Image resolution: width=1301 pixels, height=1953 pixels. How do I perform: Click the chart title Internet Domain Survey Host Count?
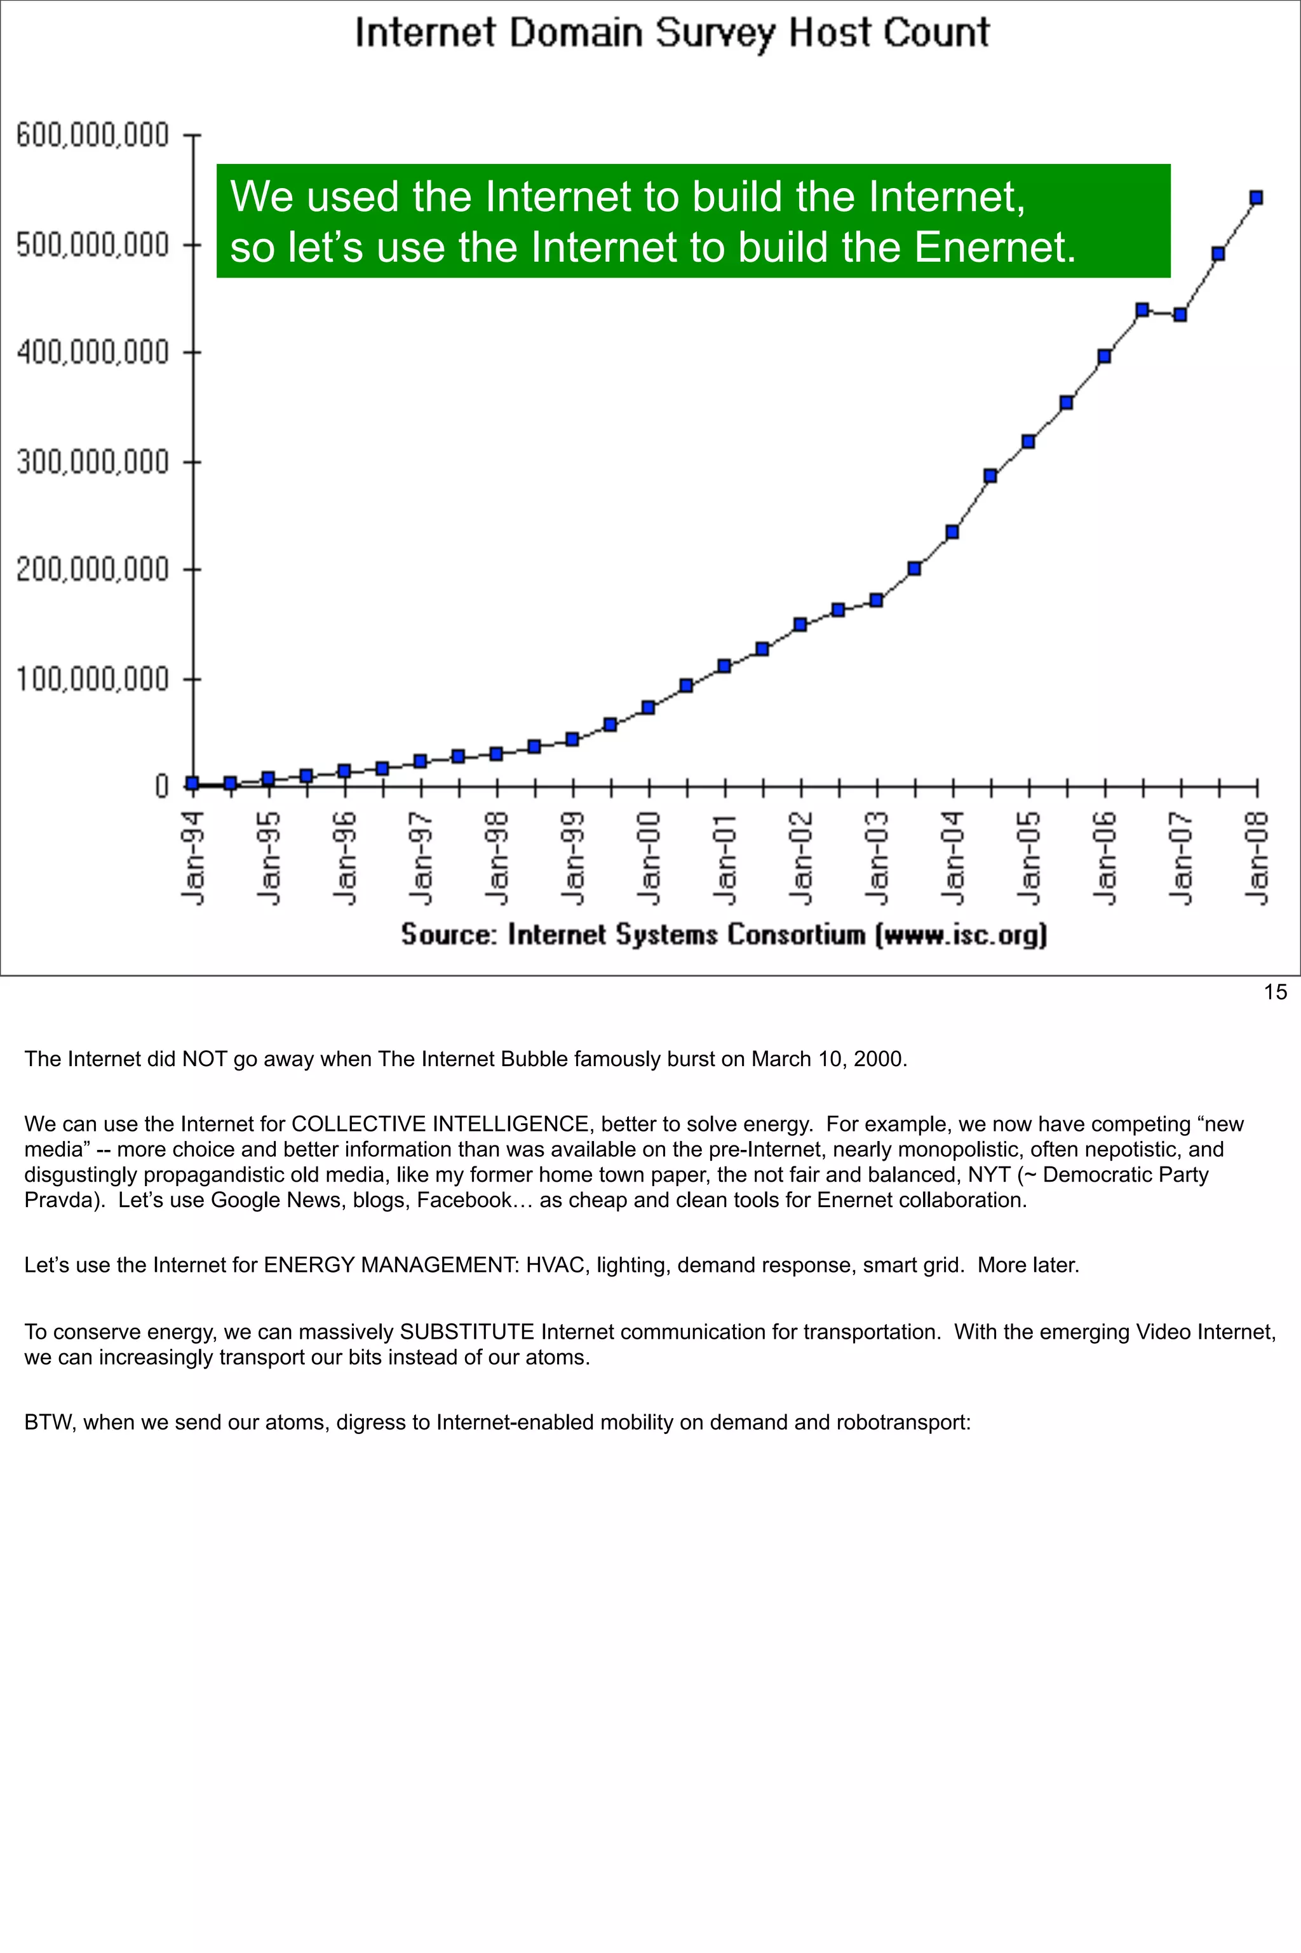(672, 33)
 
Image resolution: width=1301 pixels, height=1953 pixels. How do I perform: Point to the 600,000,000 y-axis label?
(92, 135)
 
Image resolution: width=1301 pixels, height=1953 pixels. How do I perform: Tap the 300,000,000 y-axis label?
(92, 462)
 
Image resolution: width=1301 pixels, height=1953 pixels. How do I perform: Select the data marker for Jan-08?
(1256, 198)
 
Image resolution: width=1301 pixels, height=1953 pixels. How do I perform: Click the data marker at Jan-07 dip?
(1180, 314)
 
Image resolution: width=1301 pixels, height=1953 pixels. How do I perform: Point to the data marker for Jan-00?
(648, 707)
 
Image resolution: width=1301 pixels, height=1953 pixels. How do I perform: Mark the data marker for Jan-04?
(952, 531)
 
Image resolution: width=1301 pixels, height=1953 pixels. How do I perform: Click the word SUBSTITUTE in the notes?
(466, 1332)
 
